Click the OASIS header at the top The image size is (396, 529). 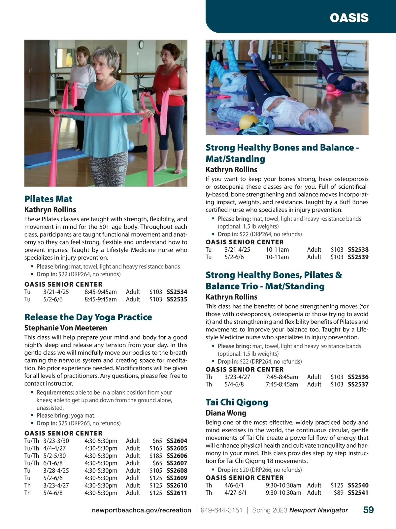pos(349,18)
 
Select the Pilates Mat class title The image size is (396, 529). pos(48,199)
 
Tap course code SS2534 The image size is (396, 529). pos(177,292)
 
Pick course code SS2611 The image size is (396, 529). pos(177,493)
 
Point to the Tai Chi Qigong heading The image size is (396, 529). pos(237,402)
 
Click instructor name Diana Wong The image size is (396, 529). pos(226,413)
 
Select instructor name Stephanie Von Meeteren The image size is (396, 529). pos(66,328)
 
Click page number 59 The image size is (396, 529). pos(368,510)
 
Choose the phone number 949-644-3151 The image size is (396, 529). pos(221,510)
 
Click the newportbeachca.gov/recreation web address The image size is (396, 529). pos(141,510)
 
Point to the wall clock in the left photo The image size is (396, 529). pos(141,44)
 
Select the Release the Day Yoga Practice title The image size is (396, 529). pos(88,317)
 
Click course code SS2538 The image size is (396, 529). pos(358,250)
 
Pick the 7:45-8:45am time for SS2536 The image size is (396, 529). pos(282,377)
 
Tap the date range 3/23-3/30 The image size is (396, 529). pos(56,441)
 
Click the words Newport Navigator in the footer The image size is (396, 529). pos(318,510)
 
